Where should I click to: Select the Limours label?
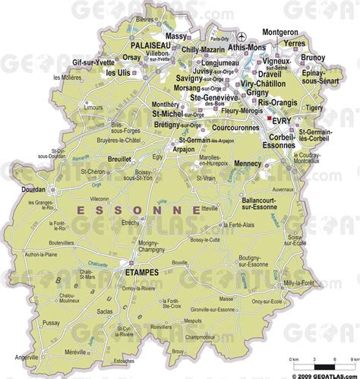pos(63,130)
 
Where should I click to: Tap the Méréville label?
pos(96,351)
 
